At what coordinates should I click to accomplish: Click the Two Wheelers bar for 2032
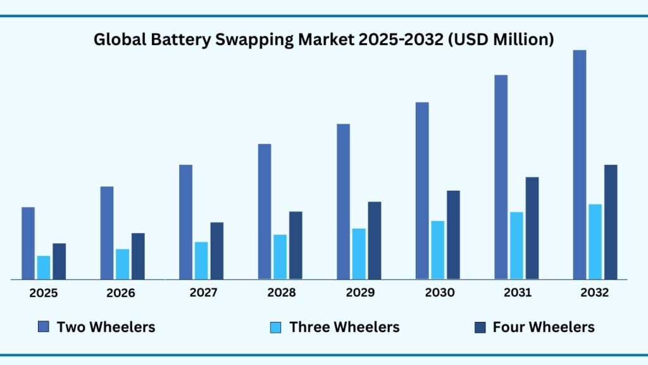tap(579, 165)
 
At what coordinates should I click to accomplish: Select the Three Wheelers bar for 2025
tap(44, 267)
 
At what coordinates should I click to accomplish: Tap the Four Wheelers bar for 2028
tap(296, 245)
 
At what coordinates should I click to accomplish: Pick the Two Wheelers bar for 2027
tap(185, 222)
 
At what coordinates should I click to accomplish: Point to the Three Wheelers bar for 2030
tap(438, 250)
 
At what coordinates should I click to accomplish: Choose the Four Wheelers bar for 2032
tap(611, 222)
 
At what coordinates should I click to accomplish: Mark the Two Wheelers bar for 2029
tap(343, 202)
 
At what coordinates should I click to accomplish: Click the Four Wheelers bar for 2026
tap(138, 256)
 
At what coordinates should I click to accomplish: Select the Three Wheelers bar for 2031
tap(516, 245)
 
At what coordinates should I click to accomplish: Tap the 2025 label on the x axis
tap(44, 293)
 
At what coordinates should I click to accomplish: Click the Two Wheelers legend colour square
tap(44, 327)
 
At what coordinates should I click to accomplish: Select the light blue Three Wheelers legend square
tap(276, 327)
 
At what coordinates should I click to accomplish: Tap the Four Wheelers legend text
tap(544, 327)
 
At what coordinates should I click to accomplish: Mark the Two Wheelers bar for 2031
tap(501, 177)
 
